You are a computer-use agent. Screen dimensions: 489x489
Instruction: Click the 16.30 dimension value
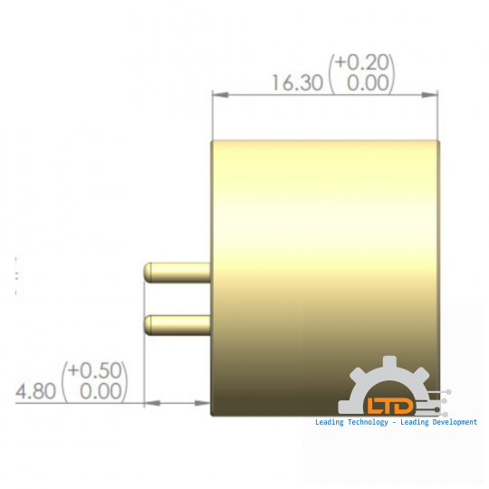point(297,83)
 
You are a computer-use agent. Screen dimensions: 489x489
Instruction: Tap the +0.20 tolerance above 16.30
point(363,62)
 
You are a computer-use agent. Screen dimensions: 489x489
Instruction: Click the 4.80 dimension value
point(35,391)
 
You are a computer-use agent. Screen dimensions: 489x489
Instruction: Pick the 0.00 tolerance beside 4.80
point(101,391)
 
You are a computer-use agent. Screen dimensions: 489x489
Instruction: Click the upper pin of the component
point(177,270)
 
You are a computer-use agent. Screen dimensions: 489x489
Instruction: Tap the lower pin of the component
point(177,321)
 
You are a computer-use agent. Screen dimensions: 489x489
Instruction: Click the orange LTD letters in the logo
point(389,405)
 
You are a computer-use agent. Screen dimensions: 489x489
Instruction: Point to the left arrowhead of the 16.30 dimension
point(217,93)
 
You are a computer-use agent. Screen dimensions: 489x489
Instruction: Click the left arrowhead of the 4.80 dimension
point(150,402)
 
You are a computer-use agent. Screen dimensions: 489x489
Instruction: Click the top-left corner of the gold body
point(212,141)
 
